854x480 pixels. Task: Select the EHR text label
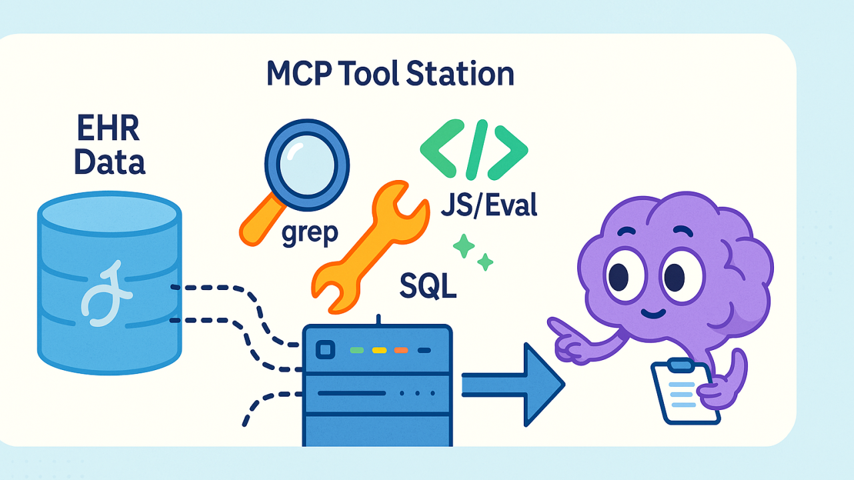[108, 129]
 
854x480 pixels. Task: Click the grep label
[310, 233]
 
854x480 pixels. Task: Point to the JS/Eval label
[489, 205]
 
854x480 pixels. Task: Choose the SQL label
[428, 286]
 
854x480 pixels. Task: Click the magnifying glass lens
[307, 165]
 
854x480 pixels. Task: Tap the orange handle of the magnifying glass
[262, 220]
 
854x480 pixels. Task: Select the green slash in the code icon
[477, 150]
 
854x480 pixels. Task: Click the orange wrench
[370, 247]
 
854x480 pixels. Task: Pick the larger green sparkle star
[464, 246]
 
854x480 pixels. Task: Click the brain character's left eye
[624, 276]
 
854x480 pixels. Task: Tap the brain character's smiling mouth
[653, 314]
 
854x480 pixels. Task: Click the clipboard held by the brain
[685, 391]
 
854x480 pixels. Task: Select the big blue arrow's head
[543, 385]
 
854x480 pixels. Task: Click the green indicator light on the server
[357, 350]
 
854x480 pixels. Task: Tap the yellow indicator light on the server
[380, 350]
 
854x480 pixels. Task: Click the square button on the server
[325, 350]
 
